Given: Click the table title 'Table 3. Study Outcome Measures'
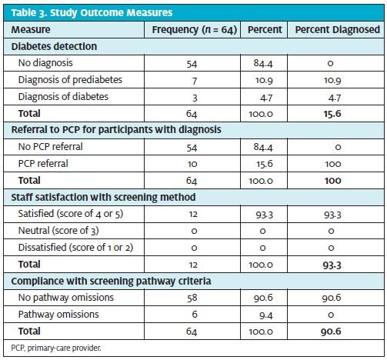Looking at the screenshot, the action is tap(92, 12).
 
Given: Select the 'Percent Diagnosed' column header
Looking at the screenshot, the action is tap(337, 29).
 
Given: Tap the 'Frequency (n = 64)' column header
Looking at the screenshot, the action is tap(194, 30).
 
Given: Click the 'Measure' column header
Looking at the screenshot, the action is tap(31, 29).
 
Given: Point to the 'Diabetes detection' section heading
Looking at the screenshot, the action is tap(54, 46).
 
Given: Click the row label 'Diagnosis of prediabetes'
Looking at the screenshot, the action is tap(70, 80).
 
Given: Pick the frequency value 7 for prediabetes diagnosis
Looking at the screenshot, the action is tap(195, 81).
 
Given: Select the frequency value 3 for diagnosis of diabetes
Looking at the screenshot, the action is tap(195, 98).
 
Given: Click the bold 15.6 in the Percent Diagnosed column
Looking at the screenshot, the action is tap(332, 114).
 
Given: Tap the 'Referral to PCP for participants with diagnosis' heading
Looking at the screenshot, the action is tap(116, 129).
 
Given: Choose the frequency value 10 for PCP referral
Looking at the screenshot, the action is tap(192, 164).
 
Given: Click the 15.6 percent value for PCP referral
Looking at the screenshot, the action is tap(265, 164).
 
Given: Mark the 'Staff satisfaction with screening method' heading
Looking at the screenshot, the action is tap(103, 197).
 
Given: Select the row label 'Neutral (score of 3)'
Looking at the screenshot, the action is tap(58, 231).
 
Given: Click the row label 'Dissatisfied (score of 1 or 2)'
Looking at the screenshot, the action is tap(75, 248).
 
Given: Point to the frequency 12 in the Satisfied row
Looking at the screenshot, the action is tap(193, 214).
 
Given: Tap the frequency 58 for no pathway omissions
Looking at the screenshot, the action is tap(192, 298).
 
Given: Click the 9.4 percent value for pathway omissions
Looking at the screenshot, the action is tap(266, 315).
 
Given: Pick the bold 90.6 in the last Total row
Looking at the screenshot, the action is tap(331, 332).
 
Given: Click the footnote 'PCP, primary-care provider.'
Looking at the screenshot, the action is tap(56, 348).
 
